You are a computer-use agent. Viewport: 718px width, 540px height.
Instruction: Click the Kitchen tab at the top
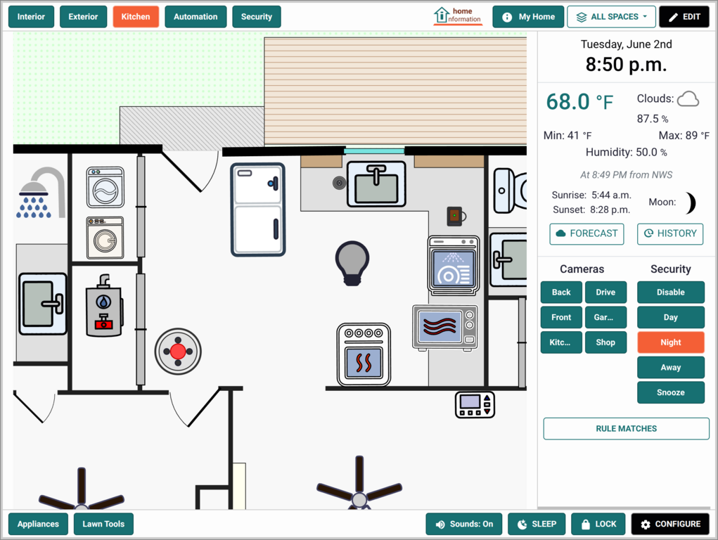(136, 17)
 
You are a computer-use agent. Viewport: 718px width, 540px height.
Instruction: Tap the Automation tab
(195, 17)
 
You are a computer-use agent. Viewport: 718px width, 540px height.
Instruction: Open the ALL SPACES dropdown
(611, 17)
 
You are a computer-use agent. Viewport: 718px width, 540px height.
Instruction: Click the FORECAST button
(586, 233)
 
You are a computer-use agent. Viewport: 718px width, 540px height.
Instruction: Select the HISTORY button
(670, 233)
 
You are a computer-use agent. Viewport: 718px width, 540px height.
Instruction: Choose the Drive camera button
(605, 292)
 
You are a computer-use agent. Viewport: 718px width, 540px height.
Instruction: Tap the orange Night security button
(670, 342)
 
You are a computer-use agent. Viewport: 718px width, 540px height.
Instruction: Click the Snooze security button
(670, 392)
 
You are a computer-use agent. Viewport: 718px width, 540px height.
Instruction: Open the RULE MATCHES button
(626, 429)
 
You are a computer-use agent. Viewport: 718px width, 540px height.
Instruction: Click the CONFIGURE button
(670, 524)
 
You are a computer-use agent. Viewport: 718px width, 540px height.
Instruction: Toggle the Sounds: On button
(464, 524)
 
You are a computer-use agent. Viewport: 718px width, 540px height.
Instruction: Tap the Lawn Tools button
(103, 524)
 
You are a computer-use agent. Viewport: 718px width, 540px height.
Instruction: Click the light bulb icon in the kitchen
(352, 264)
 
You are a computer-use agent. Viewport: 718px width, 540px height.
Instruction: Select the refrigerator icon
(258, 210)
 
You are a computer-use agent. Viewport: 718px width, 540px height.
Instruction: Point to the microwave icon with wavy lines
(445, 328)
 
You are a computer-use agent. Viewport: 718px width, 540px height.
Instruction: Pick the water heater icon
(104, 305)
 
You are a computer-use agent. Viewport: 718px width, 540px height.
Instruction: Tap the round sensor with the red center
(178, 352)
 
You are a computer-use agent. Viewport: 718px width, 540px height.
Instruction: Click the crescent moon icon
(691, 203)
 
